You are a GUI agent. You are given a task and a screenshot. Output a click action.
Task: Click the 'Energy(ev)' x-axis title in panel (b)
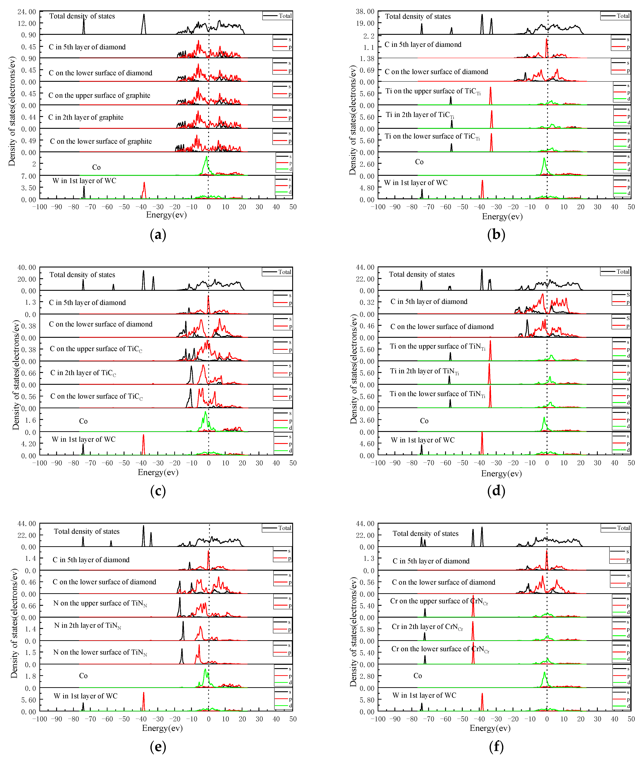(x=502, y=217)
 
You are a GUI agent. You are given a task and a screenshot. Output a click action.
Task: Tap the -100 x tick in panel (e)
(x=40, y=719)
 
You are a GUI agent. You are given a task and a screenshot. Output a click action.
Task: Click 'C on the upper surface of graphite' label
(x=99, y=95)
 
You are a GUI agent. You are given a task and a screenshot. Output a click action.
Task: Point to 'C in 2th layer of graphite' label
(x=86, y=117)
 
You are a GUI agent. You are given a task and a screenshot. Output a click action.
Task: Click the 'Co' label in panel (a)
(x=96, y=167)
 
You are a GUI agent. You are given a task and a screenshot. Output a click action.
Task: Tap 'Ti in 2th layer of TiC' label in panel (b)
(x=420, y=115)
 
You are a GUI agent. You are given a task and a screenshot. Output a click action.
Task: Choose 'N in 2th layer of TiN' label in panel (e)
(x=87, y=625)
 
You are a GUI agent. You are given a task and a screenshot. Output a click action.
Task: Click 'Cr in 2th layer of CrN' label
(x=427, y=627)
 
